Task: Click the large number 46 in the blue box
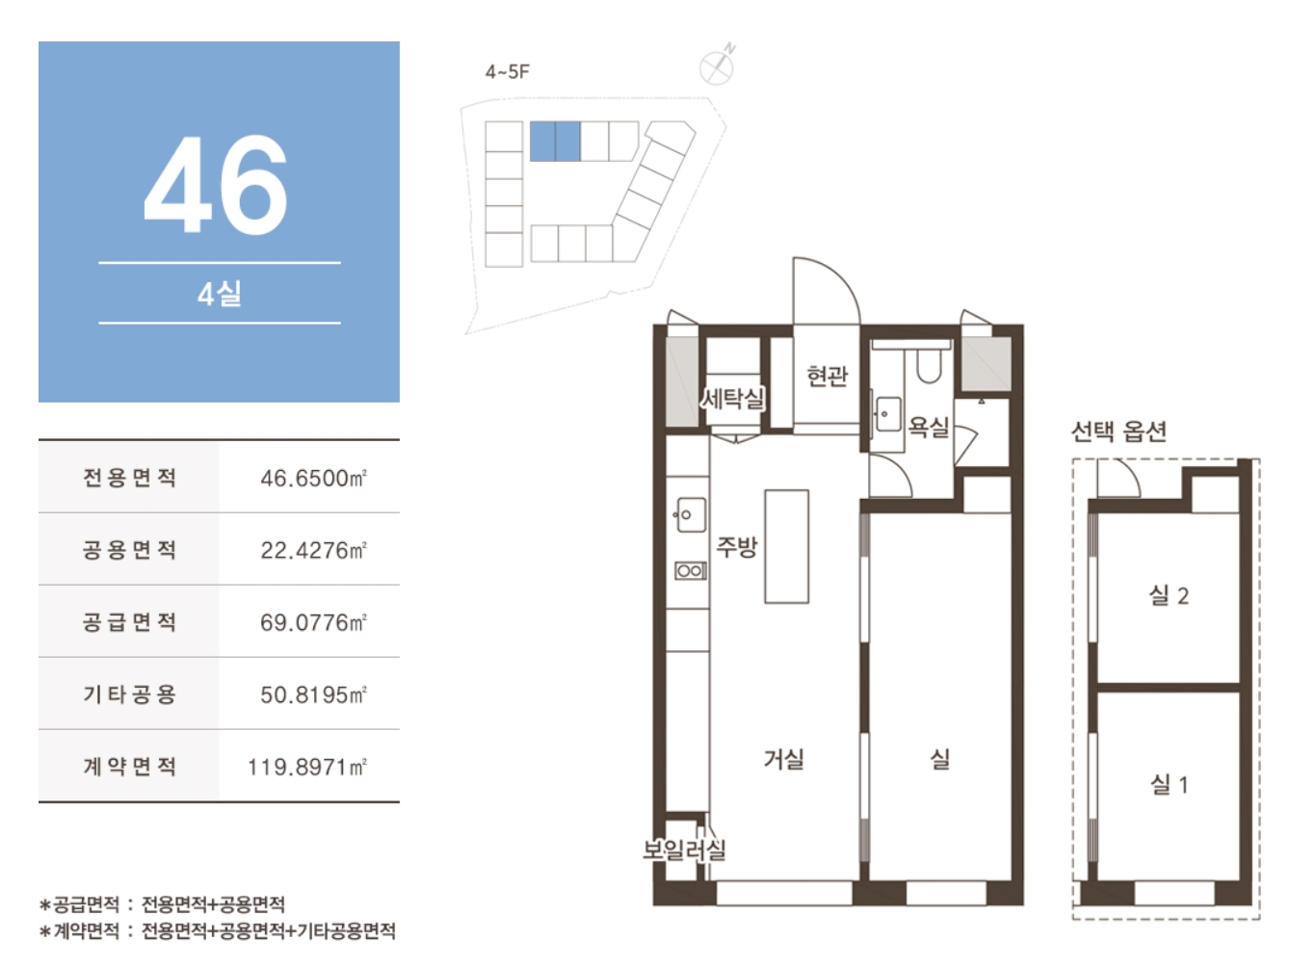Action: [216, 183]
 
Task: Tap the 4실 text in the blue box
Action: [220, 294]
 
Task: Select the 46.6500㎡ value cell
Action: [313, 479]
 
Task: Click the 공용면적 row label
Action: [129, 550]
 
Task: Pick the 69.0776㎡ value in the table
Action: [313, 622]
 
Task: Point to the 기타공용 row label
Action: [129, 694]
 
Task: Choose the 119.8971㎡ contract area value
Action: [307, 767]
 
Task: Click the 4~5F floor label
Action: [507, 71]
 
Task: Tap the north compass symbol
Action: [718, 65]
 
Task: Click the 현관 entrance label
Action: [828, 376]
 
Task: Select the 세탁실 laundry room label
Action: [733, 399]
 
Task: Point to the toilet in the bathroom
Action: [929, 363]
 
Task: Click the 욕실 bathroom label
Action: [929, 427]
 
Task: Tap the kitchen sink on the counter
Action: [691, 514]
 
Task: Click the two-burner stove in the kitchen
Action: [691, 570]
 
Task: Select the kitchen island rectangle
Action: [787, 546]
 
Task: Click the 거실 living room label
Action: [784, 759]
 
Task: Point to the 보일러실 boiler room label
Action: [685, 849]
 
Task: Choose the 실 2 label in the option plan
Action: [1169, 595]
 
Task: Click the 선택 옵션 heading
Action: [1118, 431]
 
